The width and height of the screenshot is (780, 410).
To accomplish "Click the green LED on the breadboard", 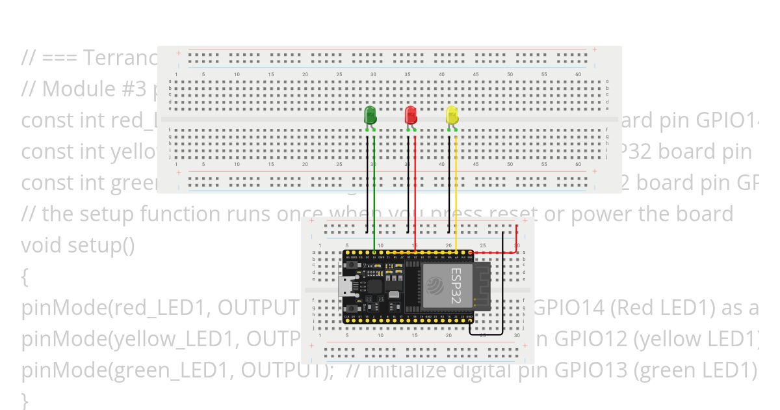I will [370, 115].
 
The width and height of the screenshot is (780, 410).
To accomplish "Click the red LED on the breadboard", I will [411, 115].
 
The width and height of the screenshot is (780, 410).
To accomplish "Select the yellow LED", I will [452, 116].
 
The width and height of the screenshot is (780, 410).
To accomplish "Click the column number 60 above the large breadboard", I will [578, 75].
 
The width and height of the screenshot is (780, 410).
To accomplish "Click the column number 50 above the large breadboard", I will [510, 75].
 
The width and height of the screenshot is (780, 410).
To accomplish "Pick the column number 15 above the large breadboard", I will [271, 75].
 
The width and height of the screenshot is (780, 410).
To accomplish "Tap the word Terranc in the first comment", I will [120, 57].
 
